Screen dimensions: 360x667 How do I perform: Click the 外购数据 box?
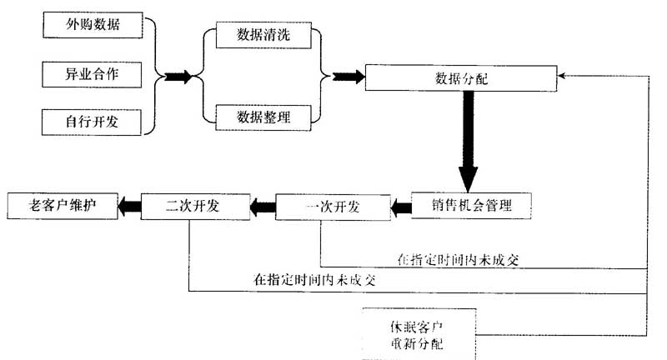93,25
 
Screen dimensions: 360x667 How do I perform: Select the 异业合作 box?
93,74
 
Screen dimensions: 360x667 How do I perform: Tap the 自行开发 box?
93,122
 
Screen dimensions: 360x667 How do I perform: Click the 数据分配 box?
462,77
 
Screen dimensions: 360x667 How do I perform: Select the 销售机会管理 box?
471,204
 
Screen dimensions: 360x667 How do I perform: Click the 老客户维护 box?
62,205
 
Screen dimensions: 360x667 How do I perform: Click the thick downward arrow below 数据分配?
468,142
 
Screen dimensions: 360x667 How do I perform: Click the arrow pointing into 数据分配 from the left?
346,77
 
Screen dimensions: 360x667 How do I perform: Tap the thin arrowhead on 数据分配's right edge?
561,77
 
